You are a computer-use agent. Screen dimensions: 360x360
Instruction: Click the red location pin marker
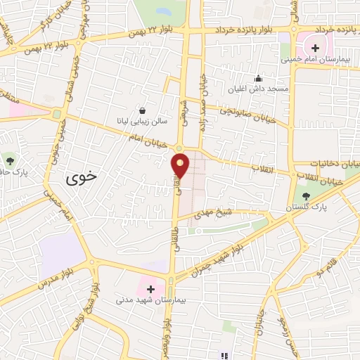[x=181, y=166]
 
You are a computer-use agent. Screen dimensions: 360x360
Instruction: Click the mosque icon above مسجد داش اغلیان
[x=259, y=78]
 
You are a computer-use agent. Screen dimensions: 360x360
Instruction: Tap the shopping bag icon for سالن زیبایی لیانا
[x=143, y=110]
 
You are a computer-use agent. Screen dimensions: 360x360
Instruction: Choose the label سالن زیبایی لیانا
[x=143, y=122]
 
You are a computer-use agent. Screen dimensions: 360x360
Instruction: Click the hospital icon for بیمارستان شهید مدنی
[x=150, y=288]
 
